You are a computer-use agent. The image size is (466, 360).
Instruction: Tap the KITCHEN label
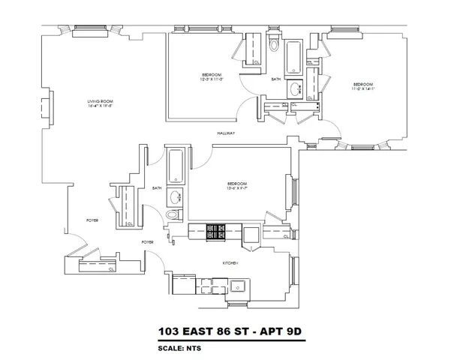(x=230, y=263)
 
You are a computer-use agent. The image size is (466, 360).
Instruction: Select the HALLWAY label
(x=227, y=133)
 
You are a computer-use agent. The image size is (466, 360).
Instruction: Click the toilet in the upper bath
(x=273, y=46)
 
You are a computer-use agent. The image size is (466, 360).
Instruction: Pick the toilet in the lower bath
(x=173, y=215)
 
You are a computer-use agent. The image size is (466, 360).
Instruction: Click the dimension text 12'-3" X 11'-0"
(x=212, y=80)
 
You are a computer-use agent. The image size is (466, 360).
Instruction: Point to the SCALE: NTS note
(x=179, y=348)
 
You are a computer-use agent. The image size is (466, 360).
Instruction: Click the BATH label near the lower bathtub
(x=157, y=188)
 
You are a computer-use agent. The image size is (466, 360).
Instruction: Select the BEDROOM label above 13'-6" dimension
(x=237, y=183)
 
